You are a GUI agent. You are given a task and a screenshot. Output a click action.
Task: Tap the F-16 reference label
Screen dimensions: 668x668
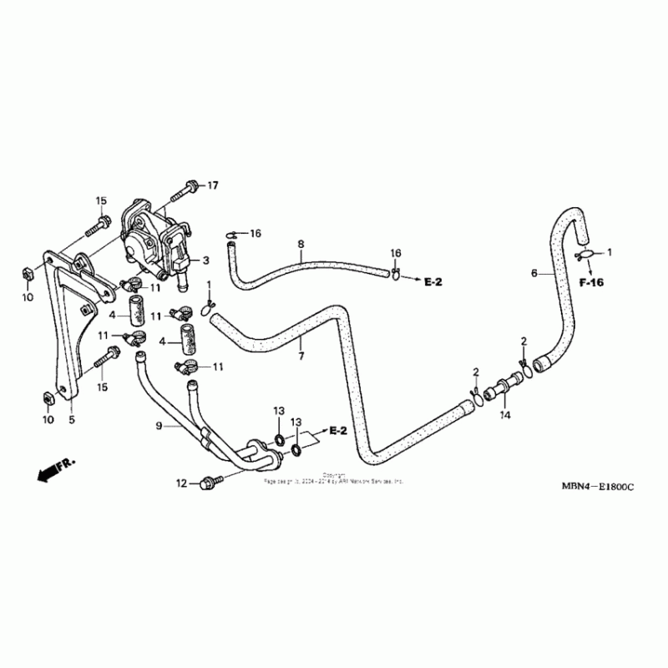(590, 283)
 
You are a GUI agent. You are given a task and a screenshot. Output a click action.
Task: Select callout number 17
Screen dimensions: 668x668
(212, 185)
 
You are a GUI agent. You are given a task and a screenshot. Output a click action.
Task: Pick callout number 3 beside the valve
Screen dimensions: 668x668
(205, 261)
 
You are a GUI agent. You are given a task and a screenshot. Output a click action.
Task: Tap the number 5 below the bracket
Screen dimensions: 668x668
(71, 419)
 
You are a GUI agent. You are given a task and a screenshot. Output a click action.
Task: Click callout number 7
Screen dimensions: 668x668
(301, 356)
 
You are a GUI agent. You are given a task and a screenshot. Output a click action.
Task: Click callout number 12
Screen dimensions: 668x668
(181, 483)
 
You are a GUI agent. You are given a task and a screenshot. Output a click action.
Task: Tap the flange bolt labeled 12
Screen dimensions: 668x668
(209, 482)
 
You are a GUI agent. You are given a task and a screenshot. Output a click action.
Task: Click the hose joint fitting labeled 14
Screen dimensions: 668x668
(504, 389)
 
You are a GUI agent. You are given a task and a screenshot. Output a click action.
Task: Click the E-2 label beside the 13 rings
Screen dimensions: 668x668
(337, 431)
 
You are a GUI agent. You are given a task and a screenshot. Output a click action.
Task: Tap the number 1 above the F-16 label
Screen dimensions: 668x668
(609, 251)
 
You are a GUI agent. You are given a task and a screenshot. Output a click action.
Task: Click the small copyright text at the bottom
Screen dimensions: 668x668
(334, 479)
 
